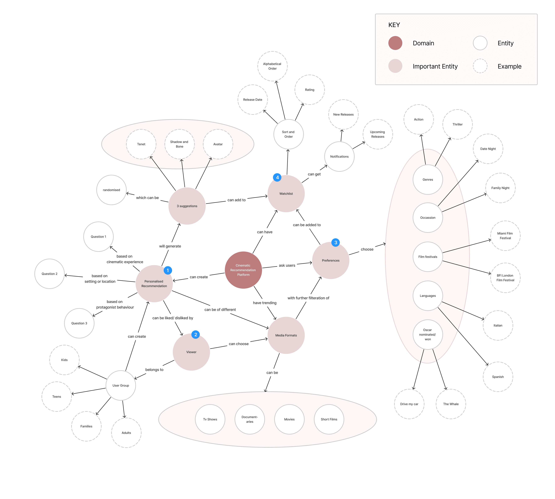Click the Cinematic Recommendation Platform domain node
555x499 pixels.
[x=243, y=270]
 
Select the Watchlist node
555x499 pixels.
[x=286, y=194]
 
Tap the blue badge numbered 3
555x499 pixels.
[x=335, y=242]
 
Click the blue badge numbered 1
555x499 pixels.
[x=168, y=270]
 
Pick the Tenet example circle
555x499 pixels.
[x=141, y=144]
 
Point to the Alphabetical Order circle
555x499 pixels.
[x=272, y=66]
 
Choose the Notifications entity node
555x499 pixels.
[x=339, y=157]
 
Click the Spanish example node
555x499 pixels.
[x=498, y=377]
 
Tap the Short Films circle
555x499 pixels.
[x=329, y=419]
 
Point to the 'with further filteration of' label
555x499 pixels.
[x=308, y=298]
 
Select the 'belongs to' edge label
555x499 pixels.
[x=154, y=370]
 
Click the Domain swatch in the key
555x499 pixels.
[x=395, y=43]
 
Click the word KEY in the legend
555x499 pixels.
[x=394, y=25]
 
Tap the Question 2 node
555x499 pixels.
[x=49, y=274]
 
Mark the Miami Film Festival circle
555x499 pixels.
[x=505, y=236]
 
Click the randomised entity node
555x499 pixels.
[x=111, y=190]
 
